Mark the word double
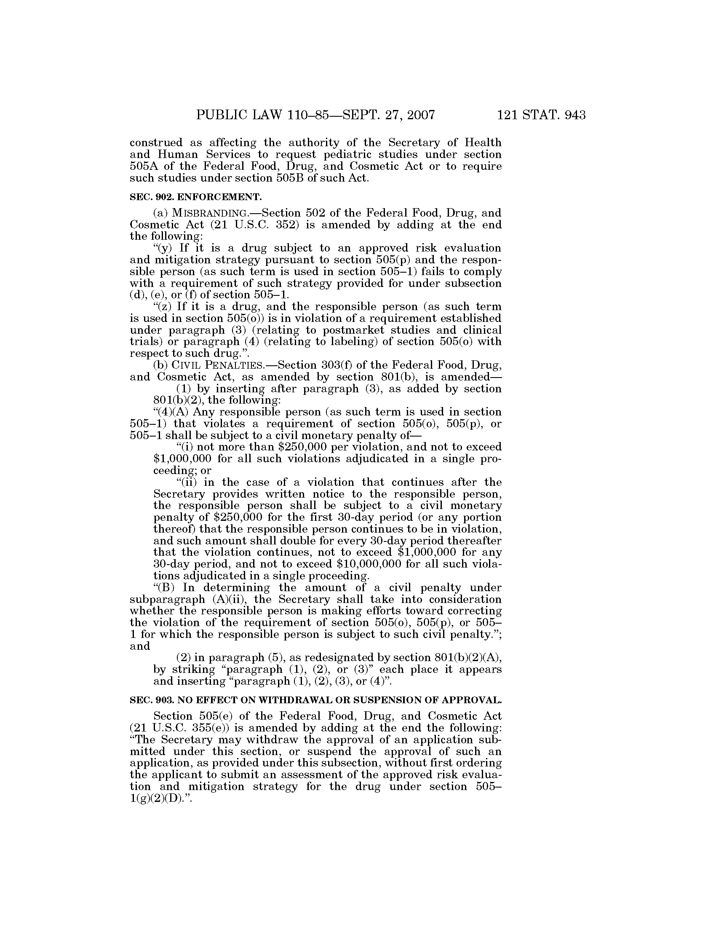click(x=270, y=541)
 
